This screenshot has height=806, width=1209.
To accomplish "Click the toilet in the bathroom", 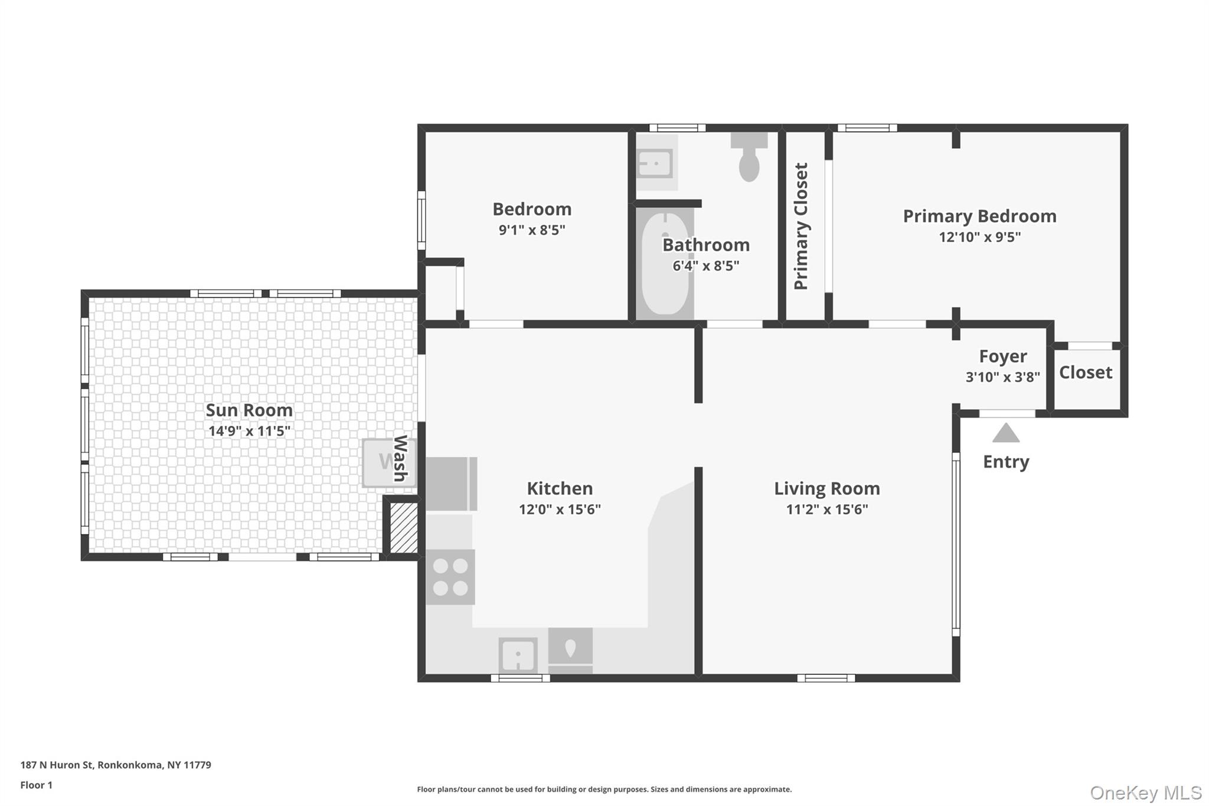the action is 749,156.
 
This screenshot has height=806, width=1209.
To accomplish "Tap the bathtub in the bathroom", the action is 665,264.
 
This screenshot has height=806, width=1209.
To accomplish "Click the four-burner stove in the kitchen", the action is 450,577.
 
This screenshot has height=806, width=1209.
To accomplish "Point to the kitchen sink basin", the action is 518,655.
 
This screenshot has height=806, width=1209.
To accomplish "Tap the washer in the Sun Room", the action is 389,463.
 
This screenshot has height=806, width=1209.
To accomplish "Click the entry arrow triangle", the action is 1006,433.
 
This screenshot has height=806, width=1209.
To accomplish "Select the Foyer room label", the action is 1003,357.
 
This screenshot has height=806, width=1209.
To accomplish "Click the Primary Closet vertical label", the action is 801,227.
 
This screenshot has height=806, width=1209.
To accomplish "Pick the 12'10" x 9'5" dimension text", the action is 980,237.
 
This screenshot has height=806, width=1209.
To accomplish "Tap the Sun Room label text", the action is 249,410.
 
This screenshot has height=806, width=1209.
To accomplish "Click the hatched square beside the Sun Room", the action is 404,527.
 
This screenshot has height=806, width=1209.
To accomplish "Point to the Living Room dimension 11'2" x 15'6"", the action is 827,510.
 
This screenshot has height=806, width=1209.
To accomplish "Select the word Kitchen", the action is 560,488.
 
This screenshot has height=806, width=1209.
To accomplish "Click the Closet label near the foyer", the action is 1086,373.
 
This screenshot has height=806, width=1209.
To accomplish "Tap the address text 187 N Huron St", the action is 57,765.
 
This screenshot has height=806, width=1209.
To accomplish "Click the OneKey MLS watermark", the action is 1146,792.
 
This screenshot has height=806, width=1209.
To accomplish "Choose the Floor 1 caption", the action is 37,785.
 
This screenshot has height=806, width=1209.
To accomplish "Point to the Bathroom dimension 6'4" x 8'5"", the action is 706,266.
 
